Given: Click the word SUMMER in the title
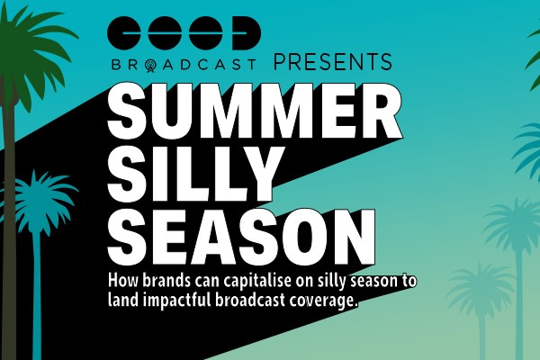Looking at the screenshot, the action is pos(255,110).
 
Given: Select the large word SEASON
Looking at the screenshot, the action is pos(241,237).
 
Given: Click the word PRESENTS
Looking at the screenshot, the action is pos(333,62).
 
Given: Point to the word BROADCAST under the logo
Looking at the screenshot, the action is pos(184,65).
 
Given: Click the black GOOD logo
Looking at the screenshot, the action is pos(184,32).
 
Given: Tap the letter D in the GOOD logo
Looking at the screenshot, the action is pos(247,32).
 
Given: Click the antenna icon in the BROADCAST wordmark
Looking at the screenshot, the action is pos(150,66).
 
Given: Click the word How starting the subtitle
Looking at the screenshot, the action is pos(122,281).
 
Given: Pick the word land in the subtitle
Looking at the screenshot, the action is pos(122,300).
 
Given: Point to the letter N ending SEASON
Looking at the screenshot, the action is pos(354,237).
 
